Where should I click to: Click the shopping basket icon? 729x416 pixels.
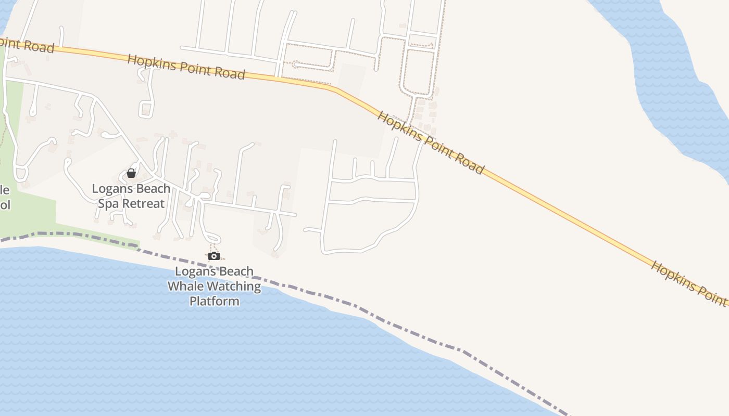131,173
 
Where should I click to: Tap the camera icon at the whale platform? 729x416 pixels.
213,256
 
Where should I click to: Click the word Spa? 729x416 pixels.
109,203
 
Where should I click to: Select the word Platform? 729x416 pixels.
214,301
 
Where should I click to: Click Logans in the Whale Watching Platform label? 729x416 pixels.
193,271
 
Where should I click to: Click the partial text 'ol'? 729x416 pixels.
5,204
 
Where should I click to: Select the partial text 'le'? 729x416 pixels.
5,190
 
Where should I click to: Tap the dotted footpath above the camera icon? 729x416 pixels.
211,248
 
